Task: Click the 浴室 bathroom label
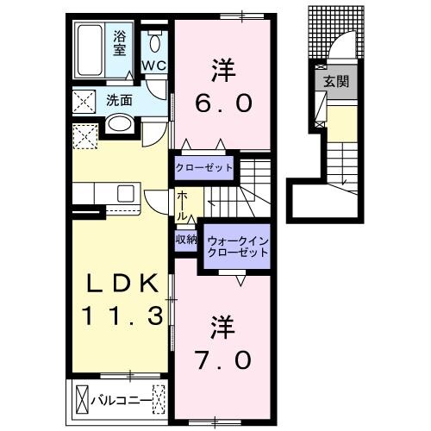click(x=121, y=42)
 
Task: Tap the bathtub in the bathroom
click(x=91, y=44)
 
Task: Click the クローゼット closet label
click(x=204, y=166)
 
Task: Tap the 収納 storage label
click(x=186, y=239)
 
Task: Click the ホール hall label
click(x=183, y=205)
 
